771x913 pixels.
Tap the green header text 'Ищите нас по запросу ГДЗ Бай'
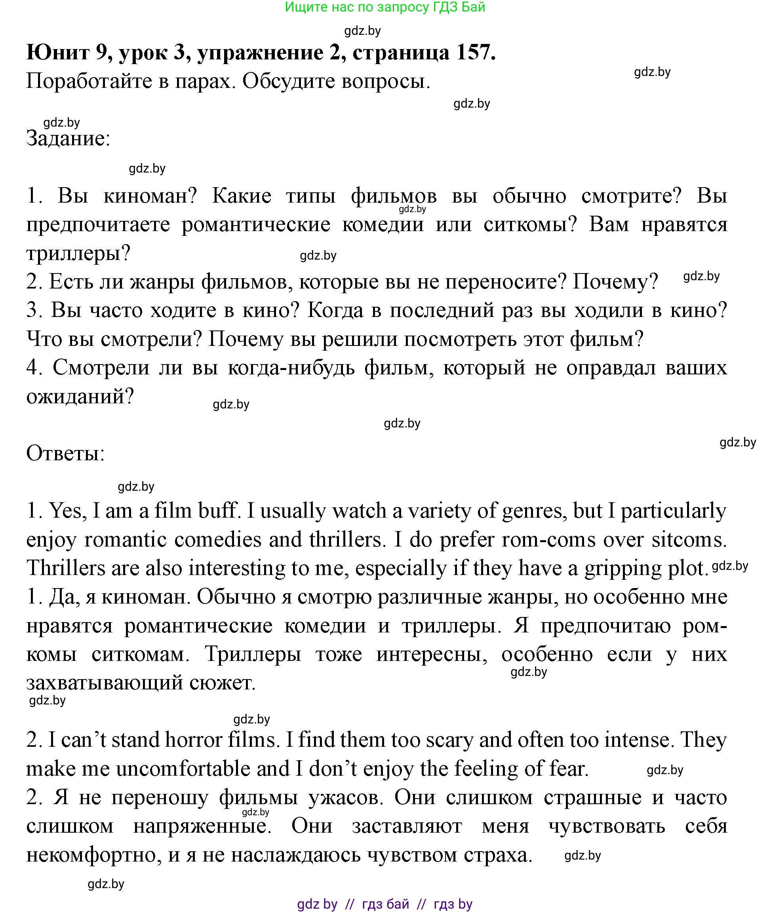(x=385, y=8)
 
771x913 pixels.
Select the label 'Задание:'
(x=68, y=139)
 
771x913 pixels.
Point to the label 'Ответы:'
(x=66, y=454)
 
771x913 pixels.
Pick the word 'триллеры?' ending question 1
(x=79, y=253)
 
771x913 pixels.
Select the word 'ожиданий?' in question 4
(x=80, y=397)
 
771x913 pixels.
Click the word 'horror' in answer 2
(x=194, y=740)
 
